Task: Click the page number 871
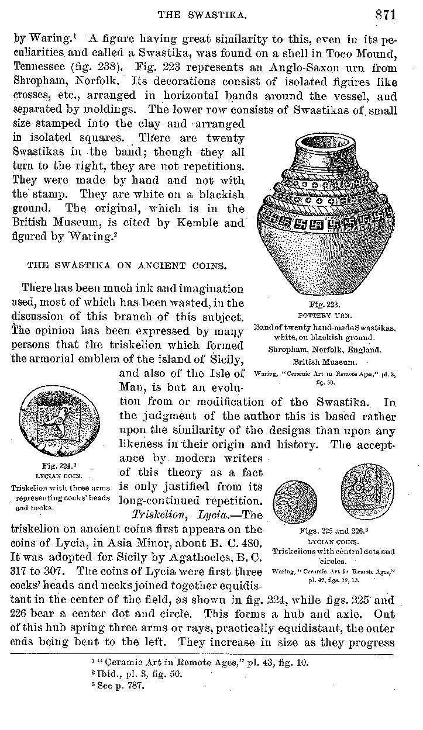point(386,15)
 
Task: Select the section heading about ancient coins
point(126,265)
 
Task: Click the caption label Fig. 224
point(51,467)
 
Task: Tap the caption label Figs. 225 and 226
point(333,531)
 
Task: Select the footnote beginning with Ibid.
point(139,674)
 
